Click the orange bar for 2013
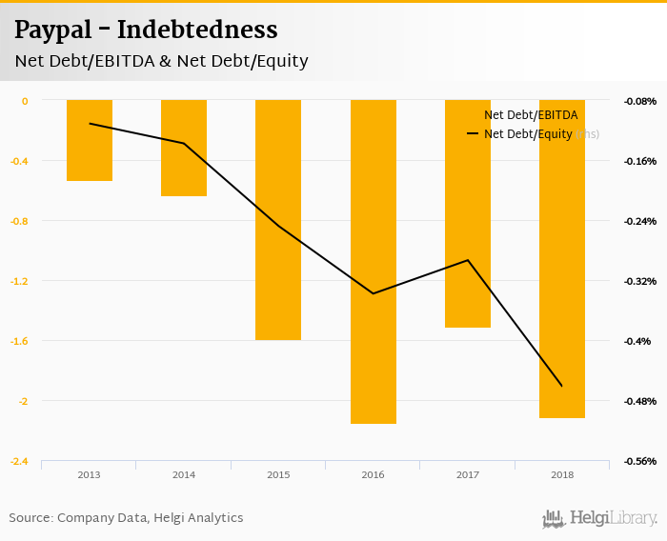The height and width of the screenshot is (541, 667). (x=90, y=140)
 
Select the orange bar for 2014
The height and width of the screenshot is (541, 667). (x=184, y=148)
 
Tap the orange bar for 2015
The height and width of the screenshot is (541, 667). (x=278, y=220)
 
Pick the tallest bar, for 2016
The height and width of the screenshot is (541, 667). (x=373, y=262)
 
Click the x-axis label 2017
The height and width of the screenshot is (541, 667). (x=468, y=474)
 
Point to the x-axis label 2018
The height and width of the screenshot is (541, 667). (x=562, y=474)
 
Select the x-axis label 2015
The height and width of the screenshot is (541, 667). (x=278, y=474)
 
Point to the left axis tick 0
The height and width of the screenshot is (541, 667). (x=25, y=101)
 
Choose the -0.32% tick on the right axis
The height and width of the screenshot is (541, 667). (x=638, y=281)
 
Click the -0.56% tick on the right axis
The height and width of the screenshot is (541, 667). (x=638, y=461)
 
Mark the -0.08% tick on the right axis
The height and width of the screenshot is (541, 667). (x=638, y=101)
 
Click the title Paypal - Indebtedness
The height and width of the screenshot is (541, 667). (x=146, y=30)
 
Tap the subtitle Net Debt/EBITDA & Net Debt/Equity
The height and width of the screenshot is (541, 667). (x=161, y=61)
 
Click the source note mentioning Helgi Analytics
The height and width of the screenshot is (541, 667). (x=126, y=518)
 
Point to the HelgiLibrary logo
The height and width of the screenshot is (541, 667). (x=600, y=518)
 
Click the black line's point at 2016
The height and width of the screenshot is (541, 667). (x=373, y=293)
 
